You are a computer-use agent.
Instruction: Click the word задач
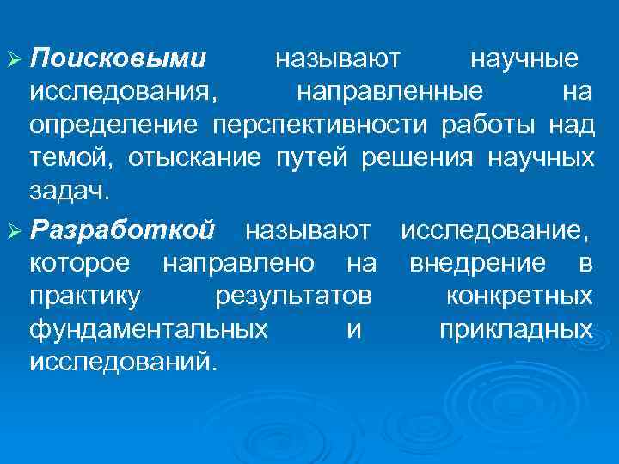[69, 191]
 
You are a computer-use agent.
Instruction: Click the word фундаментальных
[148, 329]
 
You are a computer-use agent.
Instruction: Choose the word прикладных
[515, 329]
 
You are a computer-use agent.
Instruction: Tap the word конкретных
[519, 296]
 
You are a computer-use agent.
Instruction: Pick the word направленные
[389, 92]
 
